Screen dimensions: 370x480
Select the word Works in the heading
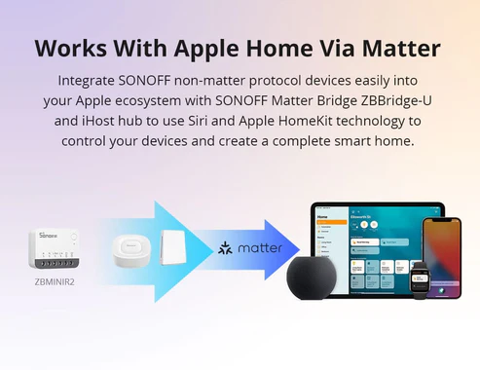(74, 49)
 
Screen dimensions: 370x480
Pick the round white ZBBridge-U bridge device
(130, 250)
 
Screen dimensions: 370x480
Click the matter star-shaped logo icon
(227, 249)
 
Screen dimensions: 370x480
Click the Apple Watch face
(420, 277)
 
